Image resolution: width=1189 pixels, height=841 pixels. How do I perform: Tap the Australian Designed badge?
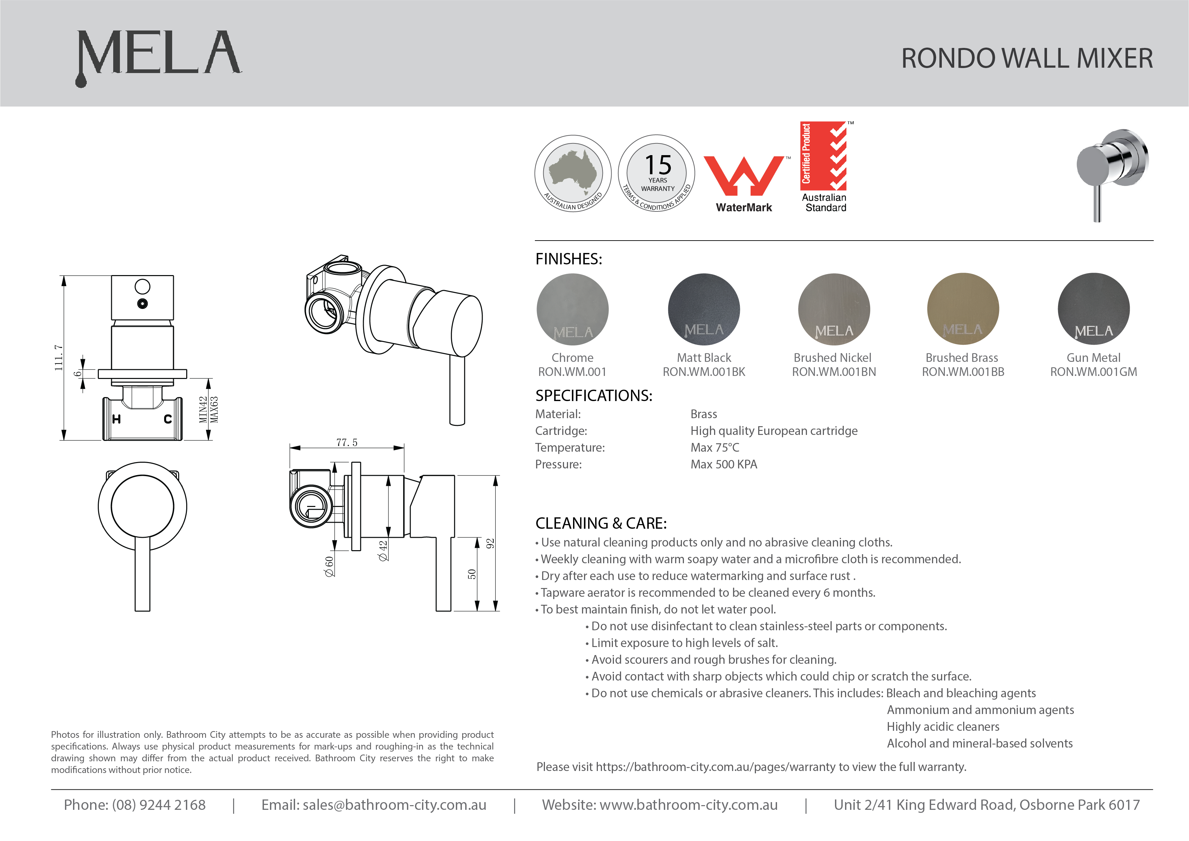point(573,174)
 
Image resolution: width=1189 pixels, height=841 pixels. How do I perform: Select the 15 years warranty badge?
point(657,174)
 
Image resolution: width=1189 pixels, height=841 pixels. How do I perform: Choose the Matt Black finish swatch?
point(704,309)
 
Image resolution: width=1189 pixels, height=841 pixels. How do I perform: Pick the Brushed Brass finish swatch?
point(963,309)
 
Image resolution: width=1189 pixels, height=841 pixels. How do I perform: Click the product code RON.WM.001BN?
point(834,372)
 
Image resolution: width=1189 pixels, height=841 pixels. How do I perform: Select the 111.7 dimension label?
point(59,358)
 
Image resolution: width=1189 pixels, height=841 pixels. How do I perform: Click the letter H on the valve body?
point(117,419)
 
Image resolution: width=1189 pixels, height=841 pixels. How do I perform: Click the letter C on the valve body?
point(168,419)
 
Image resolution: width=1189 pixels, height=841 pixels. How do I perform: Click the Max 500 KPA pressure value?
point(723,464)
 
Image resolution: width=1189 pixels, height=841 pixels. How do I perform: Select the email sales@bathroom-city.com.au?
point(394,805)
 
